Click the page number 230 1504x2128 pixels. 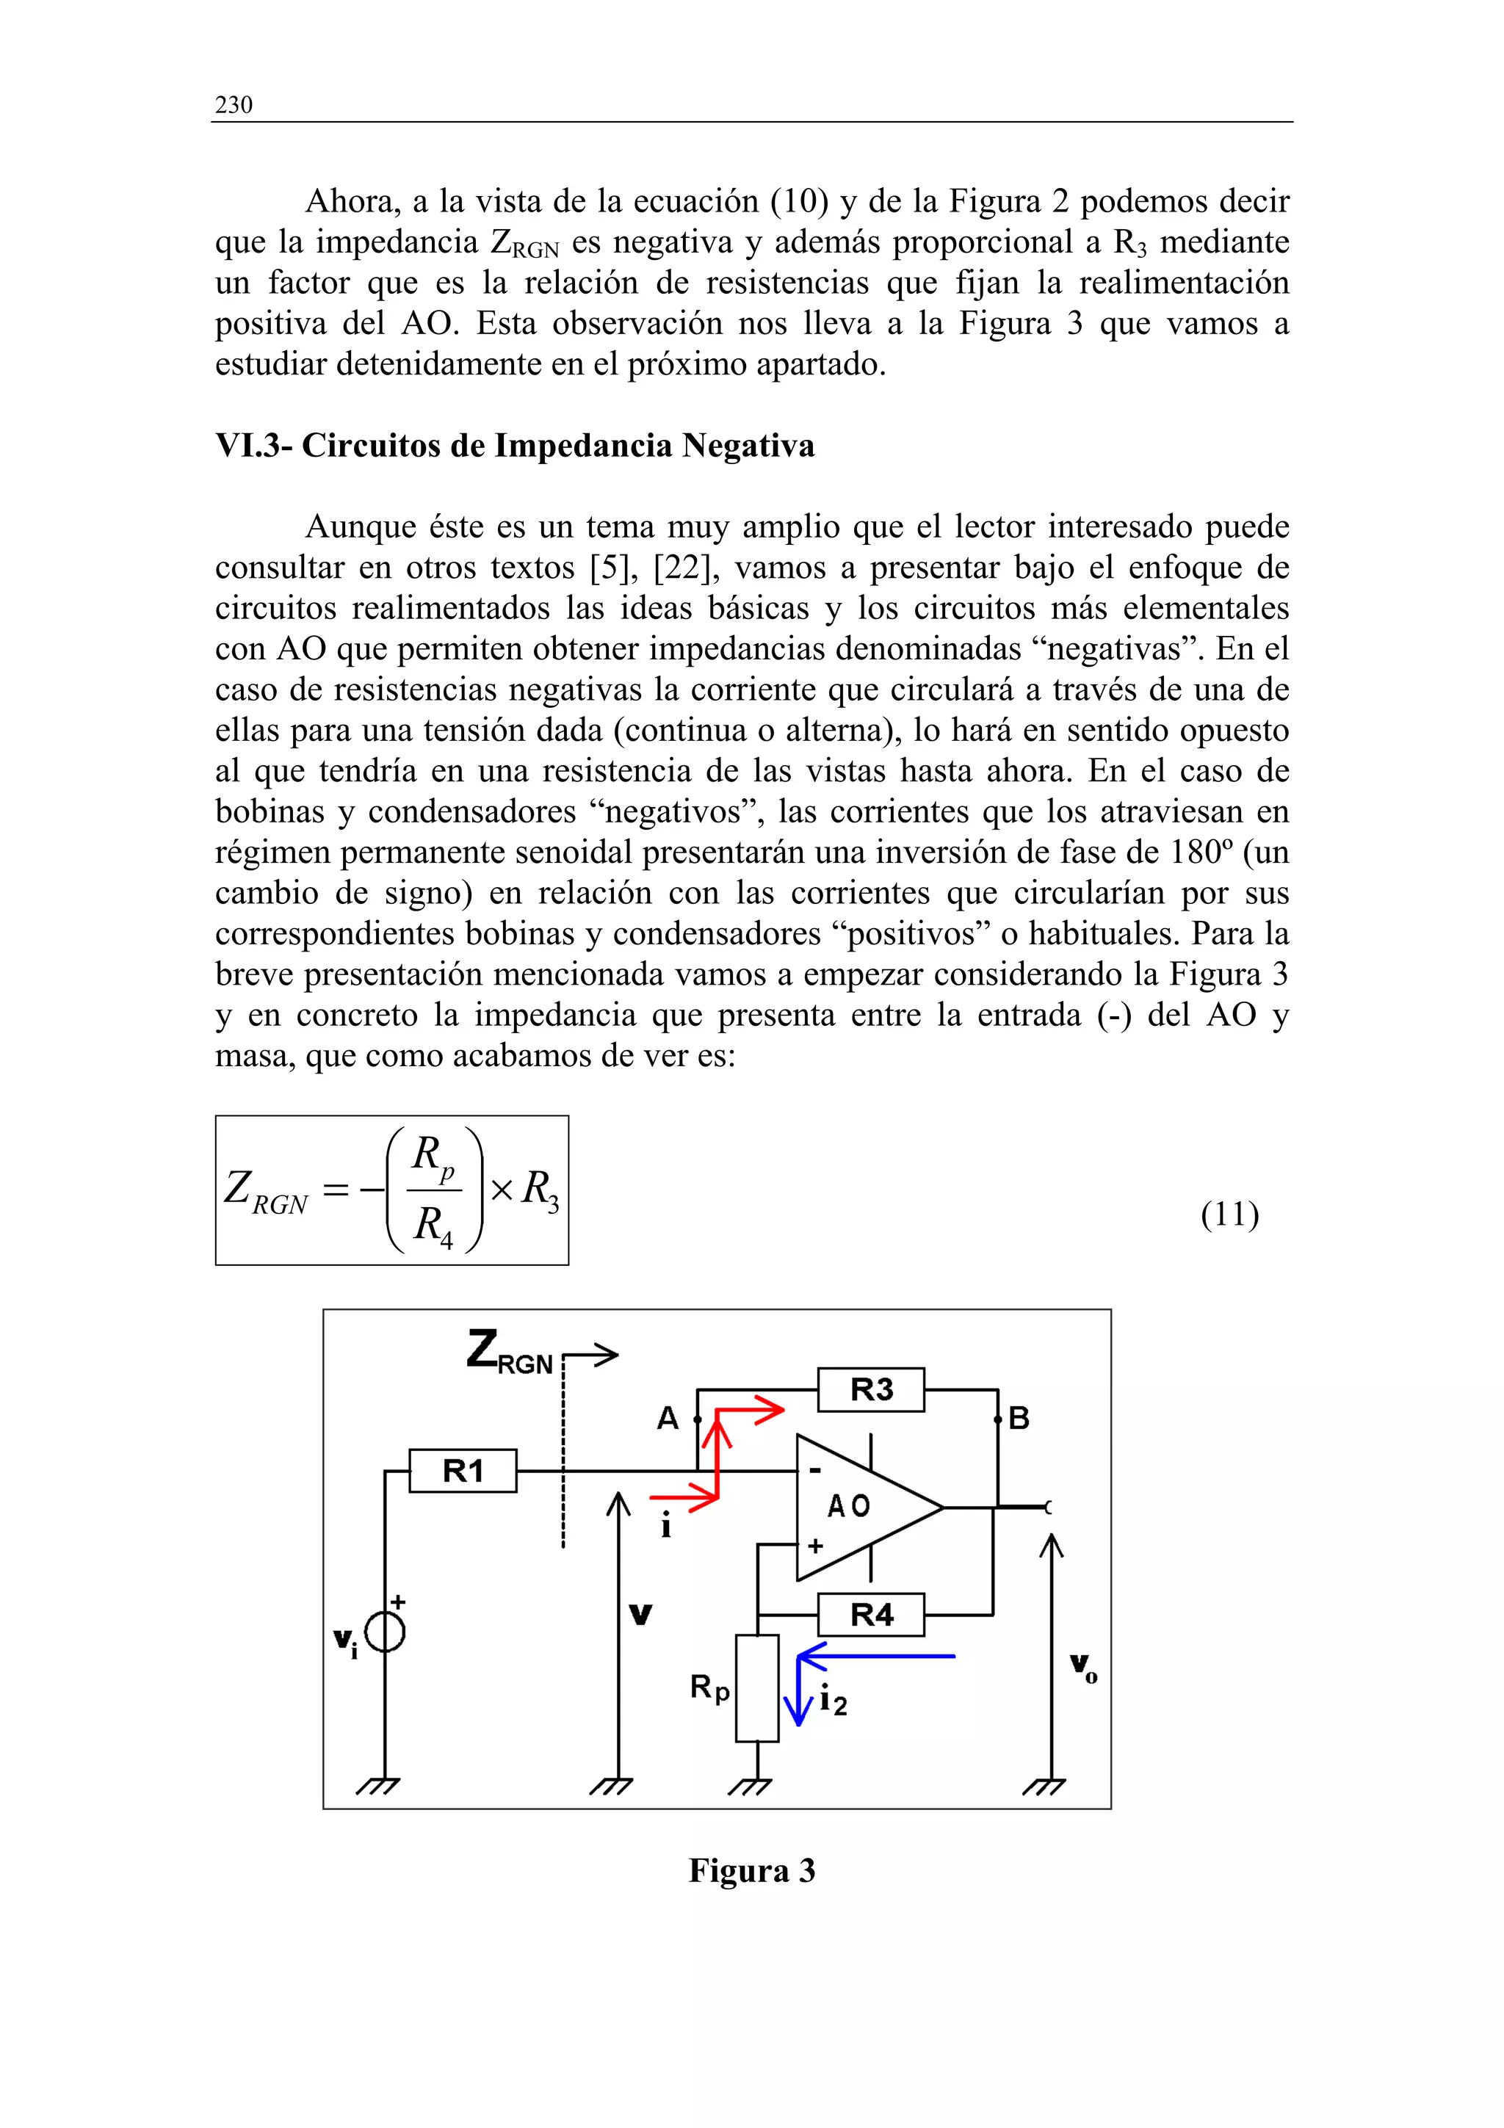(234, 105)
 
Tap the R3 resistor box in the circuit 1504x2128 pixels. (870, 1389)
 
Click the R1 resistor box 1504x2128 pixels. (463, 1470)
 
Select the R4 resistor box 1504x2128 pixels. (870, 1615)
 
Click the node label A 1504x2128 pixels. (668, 1418)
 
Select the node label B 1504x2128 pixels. (1019, 1418)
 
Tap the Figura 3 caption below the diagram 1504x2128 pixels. (751, 1870)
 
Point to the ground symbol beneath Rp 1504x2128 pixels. (750, 1785)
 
